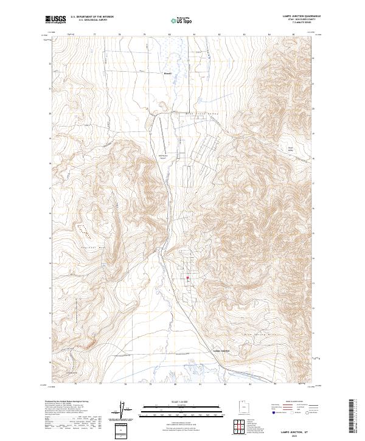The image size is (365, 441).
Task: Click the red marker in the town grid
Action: (187, 279)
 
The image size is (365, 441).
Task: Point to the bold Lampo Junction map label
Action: (221, 351)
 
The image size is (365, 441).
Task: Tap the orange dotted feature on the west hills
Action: (83, 230)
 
